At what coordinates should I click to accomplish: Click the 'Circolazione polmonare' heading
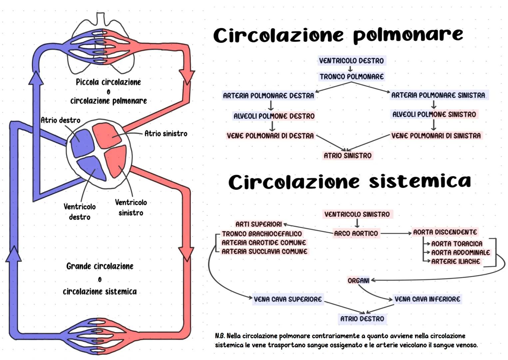[x=338, y=35]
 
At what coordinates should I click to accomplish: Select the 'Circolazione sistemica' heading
[x=349, y=182]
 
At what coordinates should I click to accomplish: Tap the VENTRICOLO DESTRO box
[x=351, y=61]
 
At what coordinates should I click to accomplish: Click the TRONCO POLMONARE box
[x=351, y=77]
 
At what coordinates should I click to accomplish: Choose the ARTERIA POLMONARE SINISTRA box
[x=438, y=95]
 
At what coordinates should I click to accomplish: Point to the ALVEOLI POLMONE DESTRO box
[x=274, y=116]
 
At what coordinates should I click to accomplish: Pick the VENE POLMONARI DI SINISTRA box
[x=436, y=136]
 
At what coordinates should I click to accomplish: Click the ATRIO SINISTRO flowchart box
[x=347, y=156]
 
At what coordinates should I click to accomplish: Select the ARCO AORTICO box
[x=356, y=234]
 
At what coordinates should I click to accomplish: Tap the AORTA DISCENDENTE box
[x=445, y=232]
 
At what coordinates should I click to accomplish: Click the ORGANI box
[x=358, y=281]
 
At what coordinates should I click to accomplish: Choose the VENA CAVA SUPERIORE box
[x=287, y=299]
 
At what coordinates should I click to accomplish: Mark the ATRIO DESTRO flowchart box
[x=362, y=319]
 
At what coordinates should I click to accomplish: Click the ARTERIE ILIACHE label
[x=455, y=262]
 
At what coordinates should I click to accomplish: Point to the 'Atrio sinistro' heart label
[x=166, y=134]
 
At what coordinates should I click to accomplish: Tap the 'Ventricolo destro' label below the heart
[x=80, y=212]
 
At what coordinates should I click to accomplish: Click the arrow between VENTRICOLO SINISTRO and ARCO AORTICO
[x=357, y=223]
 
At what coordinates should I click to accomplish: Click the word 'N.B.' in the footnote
[x=220, y=336]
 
